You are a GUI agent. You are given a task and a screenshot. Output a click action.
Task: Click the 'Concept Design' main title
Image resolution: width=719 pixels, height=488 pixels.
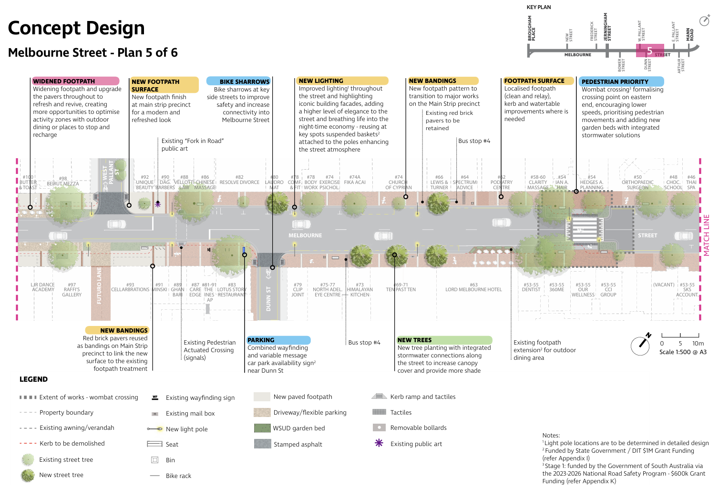(x=76, y=28)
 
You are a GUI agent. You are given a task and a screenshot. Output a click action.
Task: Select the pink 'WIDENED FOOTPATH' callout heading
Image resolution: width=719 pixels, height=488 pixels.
(x=64, y=81)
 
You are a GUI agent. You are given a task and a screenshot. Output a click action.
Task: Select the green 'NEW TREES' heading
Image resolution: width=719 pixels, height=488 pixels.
(x=414, y=340)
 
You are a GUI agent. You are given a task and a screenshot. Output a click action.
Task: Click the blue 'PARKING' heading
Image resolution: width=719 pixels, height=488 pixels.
(x=261, y=340)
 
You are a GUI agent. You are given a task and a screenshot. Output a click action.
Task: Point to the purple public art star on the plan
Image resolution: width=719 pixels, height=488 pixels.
(x=158, y=203)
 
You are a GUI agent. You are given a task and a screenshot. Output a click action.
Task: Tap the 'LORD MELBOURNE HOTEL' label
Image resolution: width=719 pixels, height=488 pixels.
(x=473, y=289)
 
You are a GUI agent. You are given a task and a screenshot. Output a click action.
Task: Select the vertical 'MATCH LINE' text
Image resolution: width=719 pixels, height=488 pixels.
(x=707, y=235)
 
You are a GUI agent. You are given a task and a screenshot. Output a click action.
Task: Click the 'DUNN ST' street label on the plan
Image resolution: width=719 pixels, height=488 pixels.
(x=268, y=299)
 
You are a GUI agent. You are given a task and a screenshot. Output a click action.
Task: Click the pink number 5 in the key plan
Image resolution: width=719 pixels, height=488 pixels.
(x=649, y=51)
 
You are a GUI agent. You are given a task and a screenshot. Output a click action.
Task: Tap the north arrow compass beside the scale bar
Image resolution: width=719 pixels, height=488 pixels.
(x=641, y=345)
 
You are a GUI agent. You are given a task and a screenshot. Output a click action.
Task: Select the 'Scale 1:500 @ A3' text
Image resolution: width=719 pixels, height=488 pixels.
(x=683, y=352)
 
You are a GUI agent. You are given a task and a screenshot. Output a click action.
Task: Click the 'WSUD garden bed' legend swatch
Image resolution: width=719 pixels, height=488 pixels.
(x=262, y=428)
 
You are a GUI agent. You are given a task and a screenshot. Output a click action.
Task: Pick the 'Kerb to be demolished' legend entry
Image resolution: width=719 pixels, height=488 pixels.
(x=72, y=443)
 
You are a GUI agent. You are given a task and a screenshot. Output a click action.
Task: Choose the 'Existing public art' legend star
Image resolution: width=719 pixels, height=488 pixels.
(x=379, y=443)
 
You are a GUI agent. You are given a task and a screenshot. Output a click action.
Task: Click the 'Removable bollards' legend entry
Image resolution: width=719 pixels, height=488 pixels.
(x=418, y=427)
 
